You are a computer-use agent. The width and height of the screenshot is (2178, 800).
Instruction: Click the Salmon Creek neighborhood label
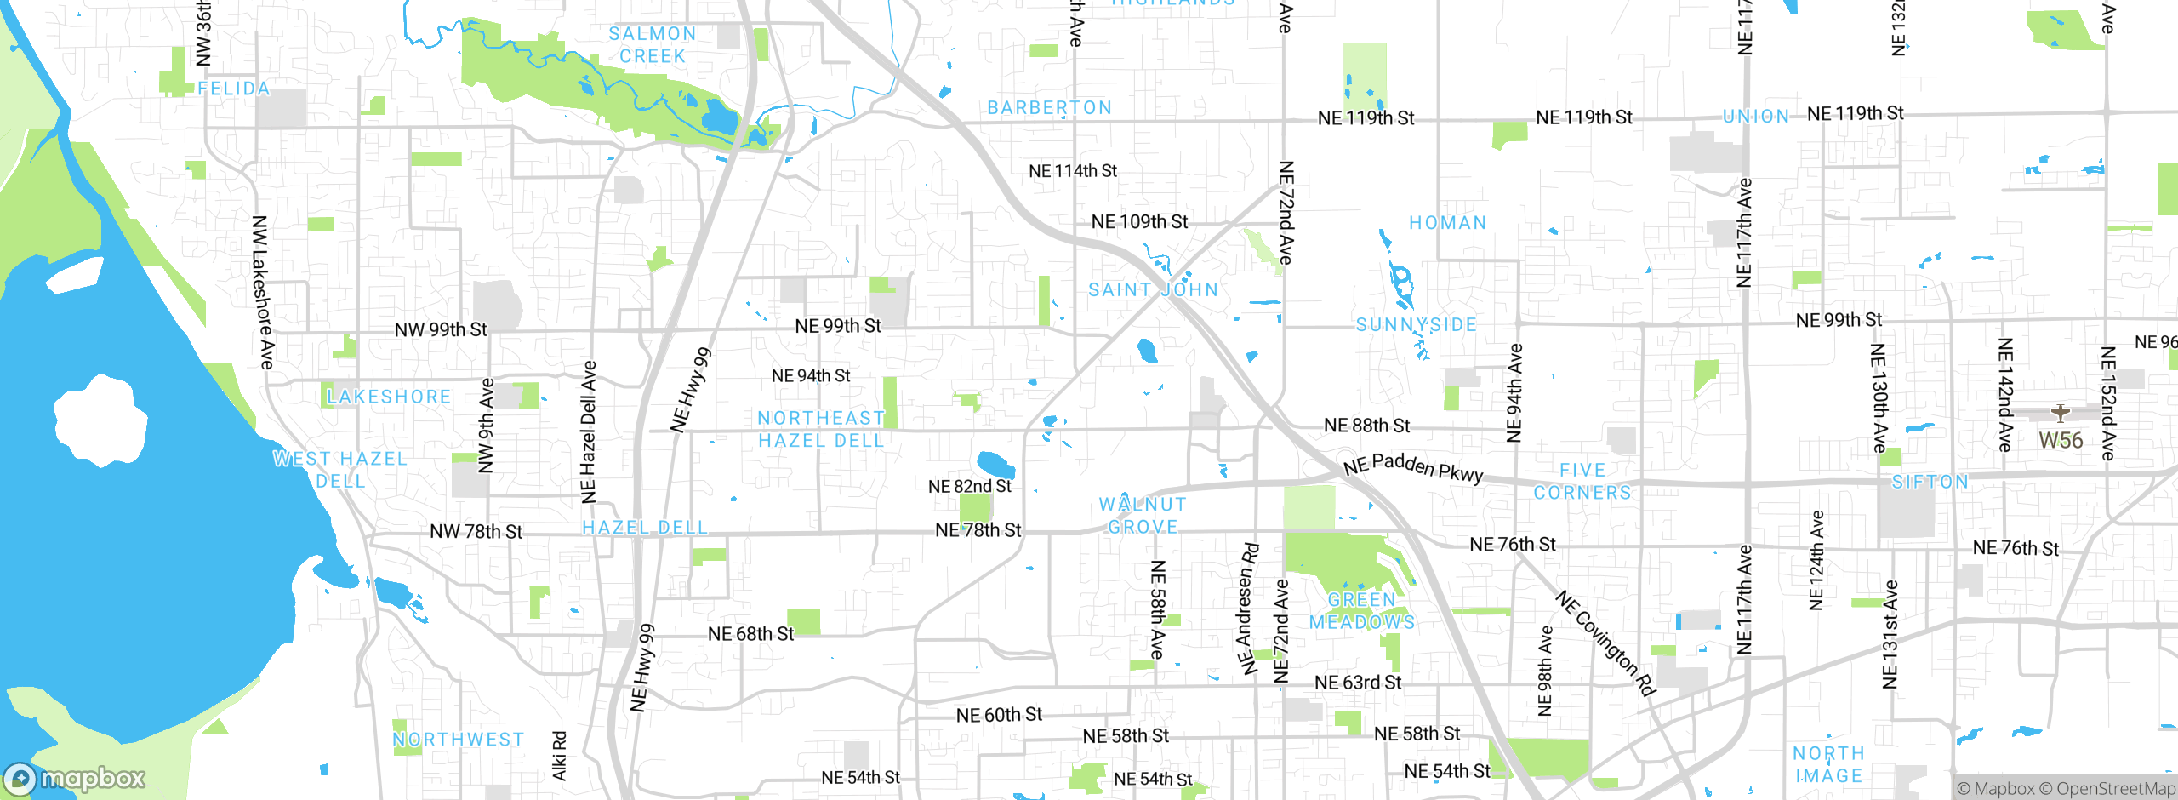point(653,45)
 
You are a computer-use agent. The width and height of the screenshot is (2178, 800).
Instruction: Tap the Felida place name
point(233,89)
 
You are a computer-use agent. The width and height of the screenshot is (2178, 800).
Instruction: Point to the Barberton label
point(1049,108)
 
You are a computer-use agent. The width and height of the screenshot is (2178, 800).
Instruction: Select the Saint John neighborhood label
point(1153,290)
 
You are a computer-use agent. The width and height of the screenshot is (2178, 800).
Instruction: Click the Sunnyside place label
point(1416,325)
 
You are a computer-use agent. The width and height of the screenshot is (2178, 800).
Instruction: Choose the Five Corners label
point(1582,482)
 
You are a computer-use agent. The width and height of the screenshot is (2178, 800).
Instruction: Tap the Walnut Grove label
point(1143,516)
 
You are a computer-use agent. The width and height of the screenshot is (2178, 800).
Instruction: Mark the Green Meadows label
point(1362,611)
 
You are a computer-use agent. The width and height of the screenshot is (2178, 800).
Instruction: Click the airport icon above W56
point(2060,414)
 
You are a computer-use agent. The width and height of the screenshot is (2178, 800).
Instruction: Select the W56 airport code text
point(2061,441)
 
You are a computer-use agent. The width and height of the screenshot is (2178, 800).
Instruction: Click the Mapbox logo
point(75,779)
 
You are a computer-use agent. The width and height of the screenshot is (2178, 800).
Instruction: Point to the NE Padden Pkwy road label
point(1413,467)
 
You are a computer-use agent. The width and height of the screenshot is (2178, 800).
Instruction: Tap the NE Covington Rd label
point(1606,643)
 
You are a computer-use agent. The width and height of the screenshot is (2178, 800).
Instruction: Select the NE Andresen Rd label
point(1246,609)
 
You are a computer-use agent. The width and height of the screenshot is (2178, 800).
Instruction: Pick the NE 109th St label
point(1139,222)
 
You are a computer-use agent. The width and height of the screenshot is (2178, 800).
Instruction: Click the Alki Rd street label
point(559,756)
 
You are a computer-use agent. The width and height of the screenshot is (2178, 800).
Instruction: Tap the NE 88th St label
point(1366,426)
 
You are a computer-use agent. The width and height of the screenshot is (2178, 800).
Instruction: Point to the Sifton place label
point(1930,483)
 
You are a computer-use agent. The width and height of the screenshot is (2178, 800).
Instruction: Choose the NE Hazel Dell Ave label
point(588,431)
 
